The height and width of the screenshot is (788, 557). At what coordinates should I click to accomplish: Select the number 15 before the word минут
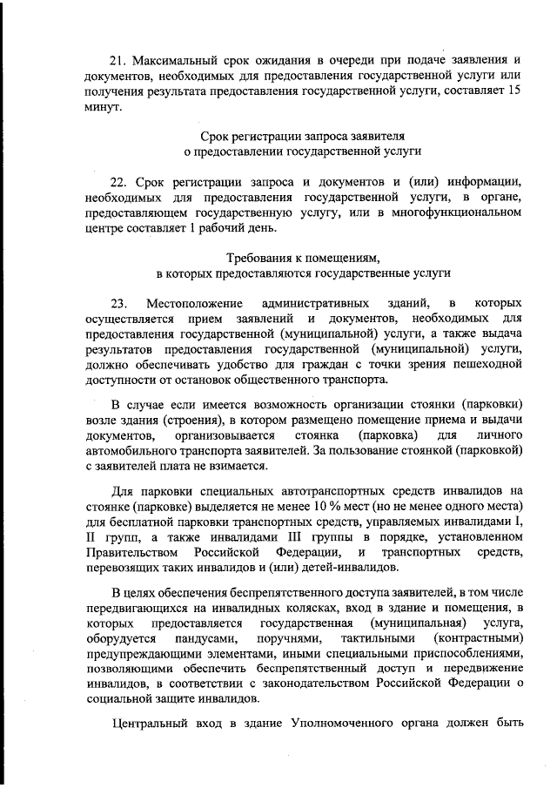click(514, 91)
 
